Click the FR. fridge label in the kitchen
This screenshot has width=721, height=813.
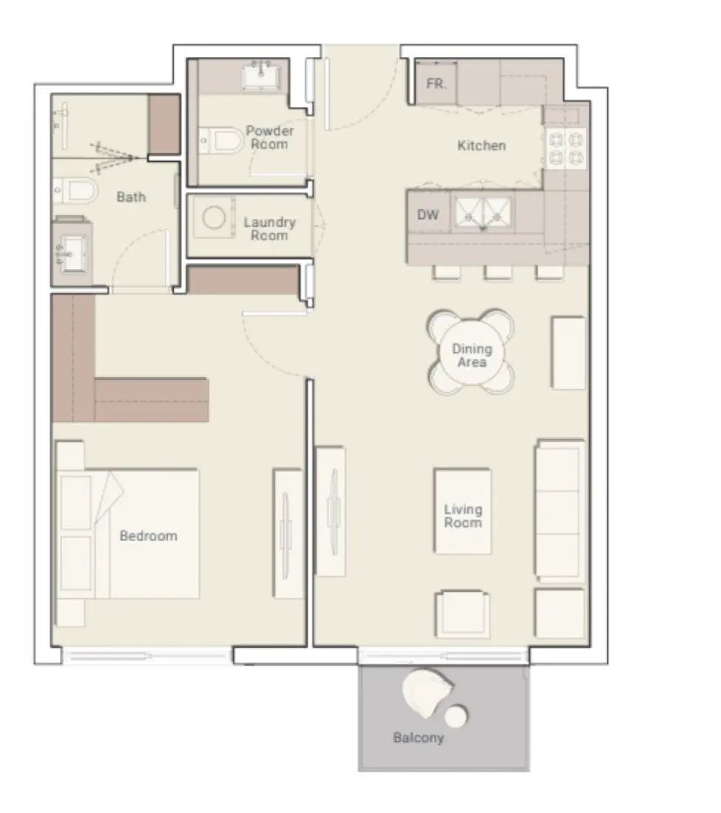(x=436, y=84)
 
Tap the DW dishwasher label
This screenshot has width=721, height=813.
(x=428, y=215)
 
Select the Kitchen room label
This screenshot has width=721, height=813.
(x=481, y=146)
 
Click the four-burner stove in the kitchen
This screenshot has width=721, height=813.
(x=566, y=148)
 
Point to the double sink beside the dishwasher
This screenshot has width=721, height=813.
(x=483, y=212)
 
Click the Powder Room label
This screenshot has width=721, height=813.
(x=270, y=137)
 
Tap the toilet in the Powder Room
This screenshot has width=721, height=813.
(x=223, y=140)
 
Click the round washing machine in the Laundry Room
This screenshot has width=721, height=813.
(x=215, y=219)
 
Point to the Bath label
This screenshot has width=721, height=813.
(x=131, y=197)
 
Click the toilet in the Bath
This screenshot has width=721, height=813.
(x=77, y=191)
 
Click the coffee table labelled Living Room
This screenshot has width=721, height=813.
(x=463, y=516)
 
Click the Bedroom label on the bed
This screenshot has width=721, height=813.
(x=149, y=536)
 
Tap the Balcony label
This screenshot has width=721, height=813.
(x=419, y=738)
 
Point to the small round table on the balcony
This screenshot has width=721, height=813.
(x=456, y=715)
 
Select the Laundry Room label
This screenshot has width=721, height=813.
(x=269, y=229)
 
